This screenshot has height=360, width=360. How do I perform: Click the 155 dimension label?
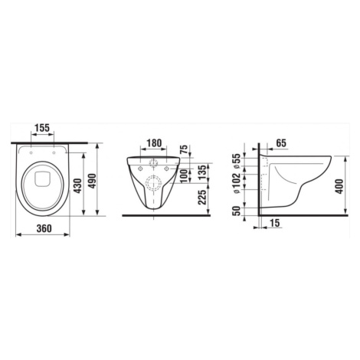click(x=42, y=128)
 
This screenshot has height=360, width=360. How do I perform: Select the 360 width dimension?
click(x=44, y=228)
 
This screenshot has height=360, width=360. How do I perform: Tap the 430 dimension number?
click(x=77, y=185)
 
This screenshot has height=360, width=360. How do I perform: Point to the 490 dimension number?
click(x=92, y=181)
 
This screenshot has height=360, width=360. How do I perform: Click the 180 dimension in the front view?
click(x=154, y=143)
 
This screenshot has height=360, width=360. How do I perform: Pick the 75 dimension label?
click(x=184, y=149)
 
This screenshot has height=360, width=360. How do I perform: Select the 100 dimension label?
click(x=184, y=175)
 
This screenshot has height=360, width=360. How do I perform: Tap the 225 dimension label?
click(x=202, y=197)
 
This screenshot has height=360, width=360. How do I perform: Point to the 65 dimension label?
click(x=281, y=143)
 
